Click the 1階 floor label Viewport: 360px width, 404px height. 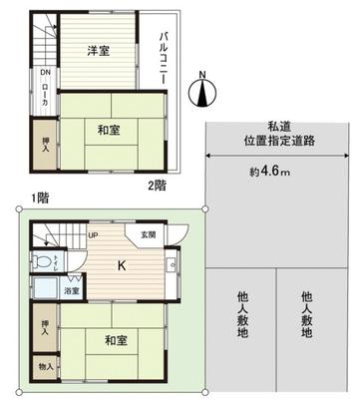coord(39,196)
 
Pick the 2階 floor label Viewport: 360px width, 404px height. coord(157,184)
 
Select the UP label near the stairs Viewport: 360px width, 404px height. coord(92,235)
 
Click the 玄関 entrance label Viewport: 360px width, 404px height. coord(149,233)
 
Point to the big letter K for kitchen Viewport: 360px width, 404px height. coord(122,265)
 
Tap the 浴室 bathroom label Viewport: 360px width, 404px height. coord(74,291)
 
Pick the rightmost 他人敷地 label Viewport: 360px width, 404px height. coord(306,314)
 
